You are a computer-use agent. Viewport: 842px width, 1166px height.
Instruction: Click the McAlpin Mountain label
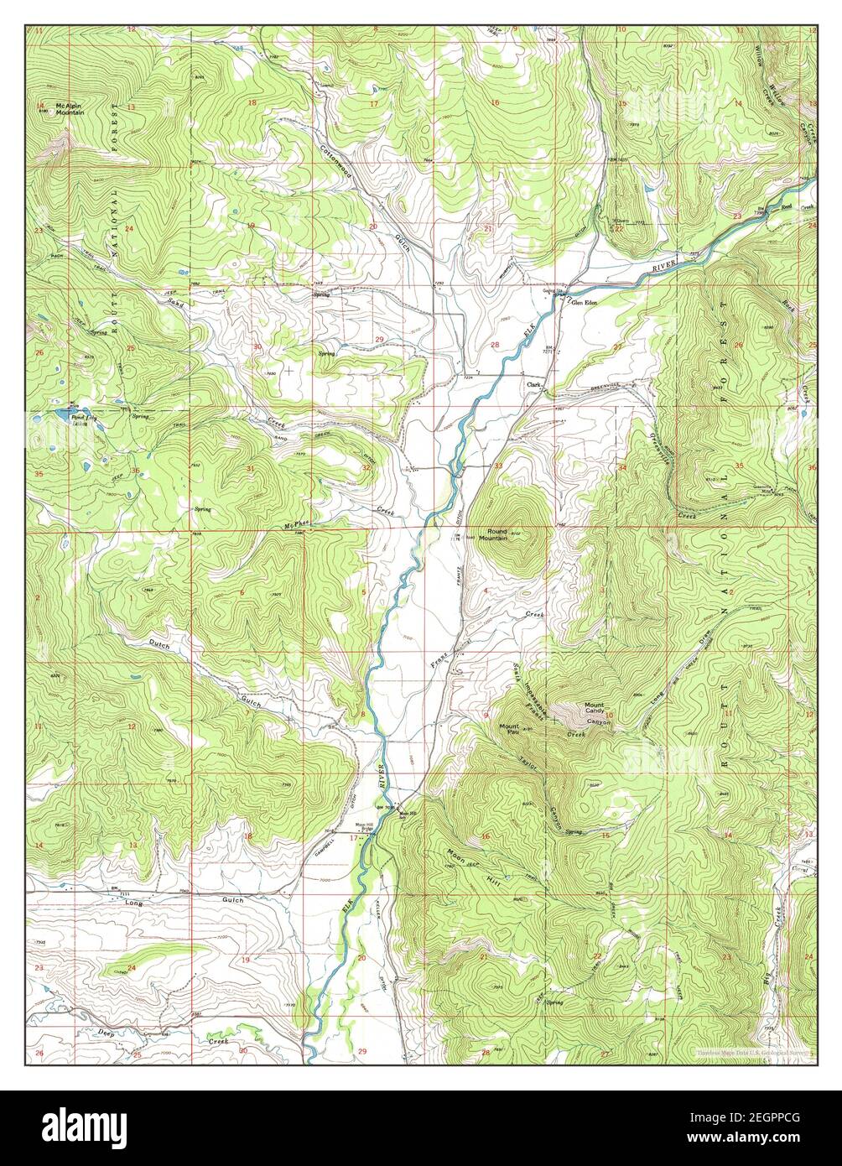70,108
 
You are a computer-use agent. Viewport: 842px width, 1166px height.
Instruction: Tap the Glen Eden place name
584,303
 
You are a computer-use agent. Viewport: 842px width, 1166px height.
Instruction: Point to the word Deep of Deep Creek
105,1032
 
